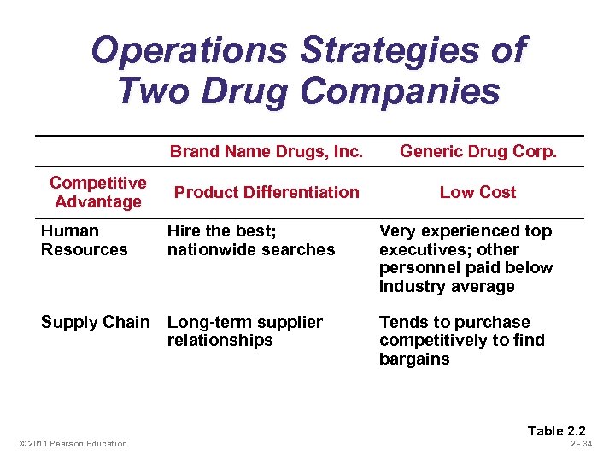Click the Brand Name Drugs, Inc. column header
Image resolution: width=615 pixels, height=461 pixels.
coord(266,152)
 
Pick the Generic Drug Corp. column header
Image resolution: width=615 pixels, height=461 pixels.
coord(477,152)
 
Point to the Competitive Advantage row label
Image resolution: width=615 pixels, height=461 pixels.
coord(97,192)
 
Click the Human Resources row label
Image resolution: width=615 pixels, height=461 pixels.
coord(84,240)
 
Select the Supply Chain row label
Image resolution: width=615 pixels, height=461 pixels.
coord(95,322)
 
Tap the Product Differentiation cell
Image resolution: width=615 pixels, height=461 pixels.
coord(266,192)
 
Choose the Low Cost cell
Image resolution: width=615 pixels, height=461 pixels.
coord(477,192)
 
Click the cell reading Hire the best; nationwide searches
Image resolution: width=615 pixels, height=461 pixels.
coord(251,240)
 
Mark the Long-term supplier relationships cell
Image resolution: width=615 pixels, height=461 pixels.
coord(245,331)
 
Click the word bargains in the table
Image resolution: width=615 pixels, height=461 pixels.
coord(414,359)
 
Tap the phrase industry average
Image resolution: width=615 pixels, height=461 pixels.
coord(447,286)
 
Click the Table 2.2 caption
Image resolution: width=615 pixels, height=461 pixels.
coord(556,430)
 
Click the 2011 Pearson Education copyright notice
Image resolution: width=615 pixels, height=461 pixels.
coord(73,443)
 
